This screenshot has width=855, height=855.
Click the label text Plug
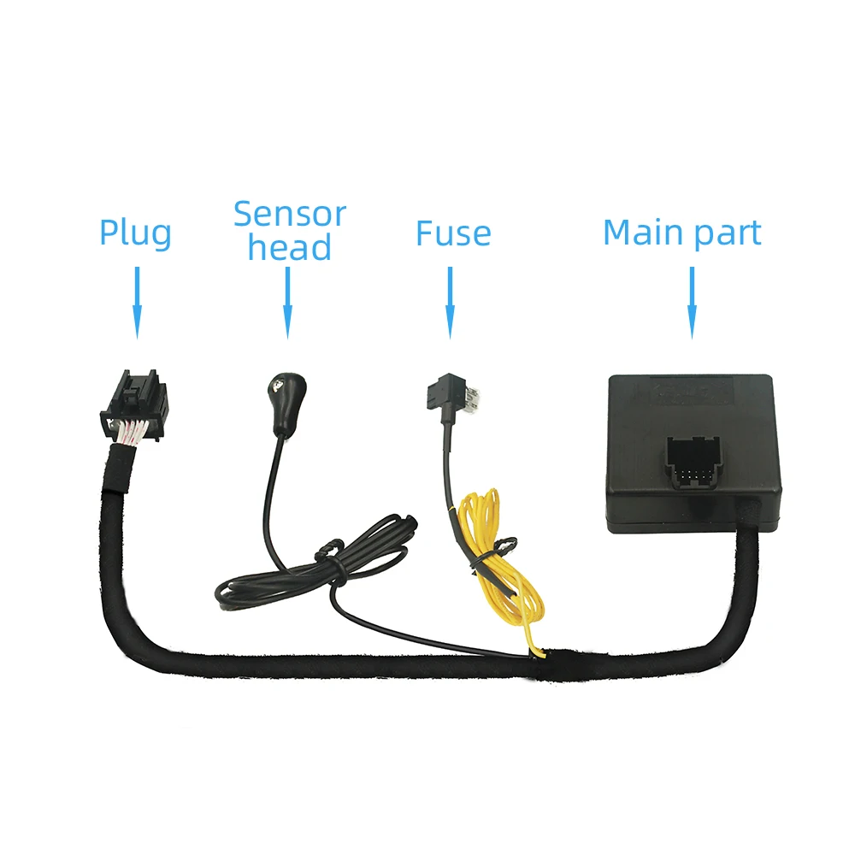coord(135,233)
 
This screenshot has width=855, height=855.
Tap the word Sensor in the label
coord(289,214)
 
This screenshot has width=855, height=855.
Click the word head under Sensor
coord(289,248)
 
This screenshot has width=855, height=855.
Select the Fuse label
coord(453,233)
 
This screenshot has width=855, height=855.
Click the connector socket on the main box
coord(693,462)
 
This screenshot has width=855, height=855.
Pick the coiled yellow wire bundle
coord(500,564)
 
